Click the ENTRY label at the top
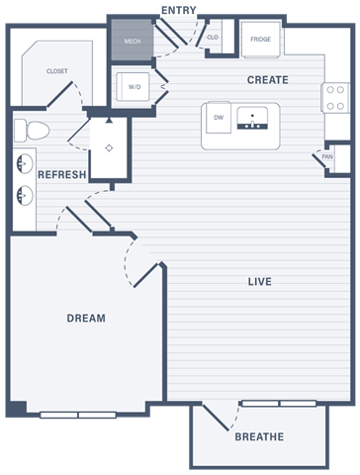tap(178, 10)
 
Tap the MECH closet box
tap(132, 42)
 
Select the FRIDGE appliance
tap(260, 40)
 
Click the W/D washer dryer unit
tap(135, 86)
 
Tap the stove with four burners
tap(336, 96)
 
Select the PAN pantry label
tap(326, 156)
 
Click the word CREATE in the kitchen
tap(267, 80)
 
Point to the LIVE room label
tap(259, 282)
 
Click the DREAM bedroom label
tap(86, 319)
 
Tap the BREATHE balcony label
tap(259, 436)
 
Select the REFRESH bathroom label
tap(61, 175)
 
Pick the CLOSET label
tap(57, 71)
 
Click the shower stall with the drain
tap(108, 148)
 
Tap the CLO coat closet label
tap(213, 38)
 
